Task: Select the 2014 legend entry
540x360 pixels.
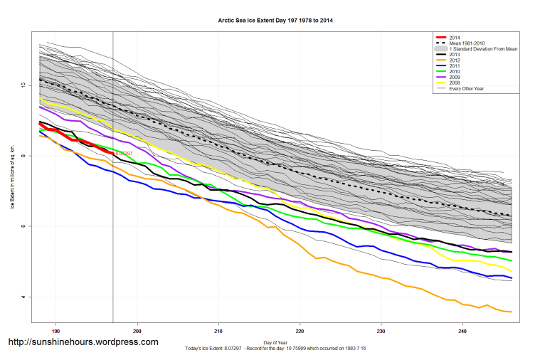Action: [x=455, y=37]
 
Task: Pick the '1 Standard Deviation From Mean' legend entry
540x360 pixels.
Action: [x=484, y=48]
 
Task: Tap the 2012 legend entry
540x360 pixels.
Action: [x=455, y=60]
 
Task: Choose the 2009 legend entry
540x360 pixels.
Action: [x=455, y=77]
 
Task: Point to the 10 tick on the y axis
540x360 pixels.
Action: [x=23, y=85]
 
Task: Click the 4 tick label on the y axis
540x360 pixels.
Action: [x=23, y=297]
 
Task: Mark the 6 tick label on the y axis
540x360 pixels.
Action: [x=23, y=226]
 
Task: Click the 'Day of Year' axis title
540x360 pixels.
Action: [x=275, y=342]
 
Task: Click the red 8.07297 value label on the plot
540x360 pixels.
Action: [x=125, y=152]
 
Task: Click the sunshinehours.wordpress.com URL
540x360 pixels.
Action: [x=83, y=342]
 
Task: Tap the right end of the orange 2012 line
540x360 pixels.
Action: [x=512, y=312]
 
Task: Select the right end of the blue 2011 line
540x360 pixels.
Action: [x=512, y=278]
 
